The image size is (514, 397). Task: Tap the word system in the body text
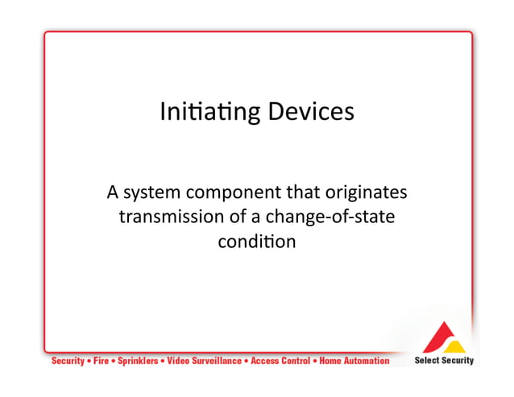point(152,194)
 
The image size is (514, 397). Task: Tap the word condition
point(256,241)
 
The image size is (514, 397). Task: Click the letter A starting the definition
point(113,193)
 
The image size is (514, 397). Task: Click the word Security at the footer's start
point(68,361)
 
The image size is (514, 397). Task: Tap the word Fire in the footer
point(101,361)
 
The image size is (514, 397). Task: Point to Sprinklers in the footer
point(138,361)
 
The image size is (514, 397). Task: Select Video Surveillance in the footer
point(204,361)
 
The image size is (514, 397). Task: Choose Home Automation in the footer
point(354,361)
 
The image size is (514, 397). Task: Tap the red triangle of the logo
point(438,333)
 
